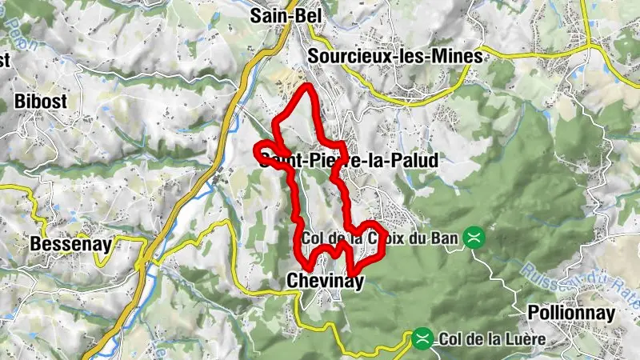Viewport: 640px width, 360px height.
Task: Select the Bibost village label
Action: [x=40, y=102]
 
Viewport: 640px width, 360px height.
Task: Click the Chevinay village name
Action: [x=324, y=281]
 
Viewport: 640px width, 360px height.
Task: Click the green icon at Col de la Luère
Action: [x=422, y=339]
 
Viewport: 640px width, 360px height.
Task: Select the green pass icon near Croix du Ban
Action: [x=476, y=238]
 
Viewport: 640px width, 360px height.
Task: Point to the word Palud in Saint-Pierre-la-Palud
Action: [x=415, y=161]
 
